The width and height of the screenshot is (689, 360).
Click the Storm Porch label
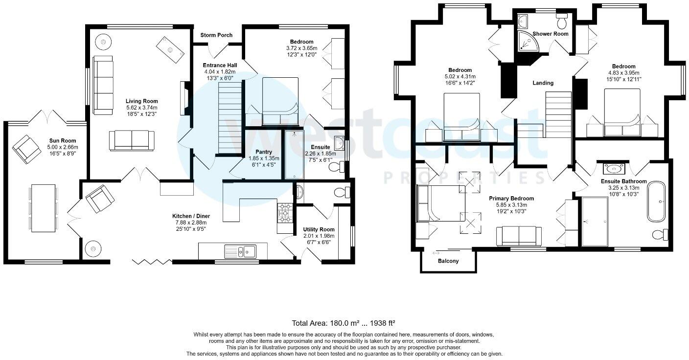pyautogui.click(x=216, y=35)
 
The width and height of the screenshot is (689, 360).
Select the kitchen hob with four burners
pyautogui.click(x=284, y=212)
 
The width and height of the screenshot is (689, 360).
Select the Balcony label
pyautogui.click(x=448, y=261)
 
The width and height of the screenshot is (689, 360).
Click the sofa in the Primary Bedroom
pyautogui.click(x=519, y=236)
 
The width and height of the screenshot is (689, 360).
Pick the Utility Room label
pyautogui.click(x=319, y=229)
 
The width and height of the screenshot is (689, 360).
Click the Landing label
pyautogui.click(x=543, y=83)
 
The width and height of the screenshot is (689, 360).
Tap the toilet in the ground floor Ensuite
pyautogui.click(x=337, y=168)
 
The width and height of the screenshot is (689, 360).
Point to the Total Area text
pyautogui.click(x=344, y=323)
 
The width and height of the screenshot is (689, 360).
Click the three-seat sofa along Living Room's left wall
pyautogui.click(x=103, y=85)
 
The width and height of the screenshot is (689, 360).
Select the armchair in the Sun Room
pyautogui.click(x=27, y=149)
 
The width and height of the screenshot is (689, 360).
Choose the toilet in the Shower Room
pyautogui.click(x=562, y=21)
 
